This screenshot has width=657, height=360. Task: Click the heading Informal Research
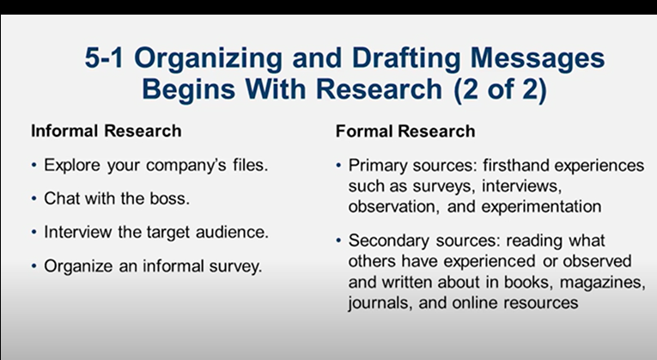[106, 131]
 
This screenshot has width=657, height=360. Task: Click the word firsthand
[521, 165]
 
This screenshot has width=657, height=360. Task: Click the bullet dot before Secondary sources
[339, 241]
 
